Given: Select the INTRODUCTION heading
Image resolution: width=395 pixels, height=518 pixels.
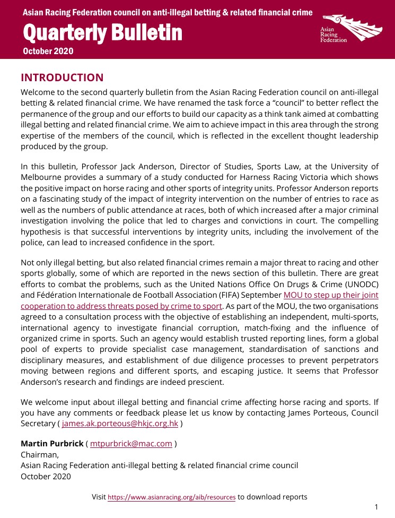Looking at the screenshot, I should pyautogui.click(x=62, y=77).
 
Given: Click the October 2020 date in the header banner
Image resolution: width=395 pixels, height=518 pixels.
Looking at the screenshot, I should pyautogui.click(x=48, y=51).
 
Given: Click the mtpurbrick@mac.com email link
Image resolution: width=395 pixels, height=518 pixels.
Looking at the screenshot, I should pyautogui.click(x=131, y=444).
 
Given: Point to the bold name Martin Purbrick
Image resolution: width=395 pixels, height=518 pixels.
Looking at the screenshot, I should pyautogui.click(x=51, y=444).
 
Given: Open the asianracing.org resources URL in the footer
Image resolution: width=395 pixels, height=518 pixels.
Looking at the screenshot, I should pyautogui.click(x=172, y=497).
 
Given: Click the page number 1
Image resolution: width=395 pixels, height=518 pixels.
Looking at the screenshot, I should pyautogui.click(x=376, y=507).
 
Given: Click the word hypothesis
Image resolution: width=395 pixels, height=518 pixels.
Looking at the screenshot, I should pyautogui.click(x=42, y=231).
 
